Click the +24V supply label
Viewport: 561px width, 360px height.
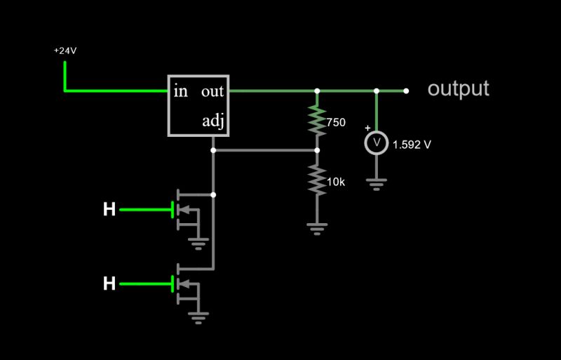(65, 51)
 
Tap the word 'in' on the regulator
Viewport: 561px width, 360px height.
(181, 91)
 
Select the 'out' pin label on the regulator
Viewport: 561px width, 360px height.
(212, 91)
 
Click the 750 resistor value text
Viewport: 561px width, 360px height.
(336, 122)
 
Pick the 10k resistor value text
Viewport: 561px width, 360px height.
(336, 182)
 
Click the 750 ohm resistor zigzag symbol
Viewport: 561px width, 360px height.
(317, 120)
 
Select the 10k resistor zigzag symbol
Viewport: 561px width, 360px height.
(317, 180)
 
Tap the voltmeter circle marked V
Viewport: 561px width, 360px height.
(377, 143)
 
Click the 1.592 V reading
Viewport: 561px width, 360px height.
(412, 145)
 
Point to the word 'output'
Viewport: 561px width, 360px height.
(458, 89)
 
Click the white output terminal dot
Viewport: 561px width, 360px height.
(406, 91)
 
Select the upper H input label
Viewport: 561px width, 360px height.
(109, 209)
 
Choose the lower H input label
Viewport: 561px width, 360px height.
(109, 284)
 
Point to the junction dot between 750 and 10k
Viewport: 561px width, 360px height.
(317, 150)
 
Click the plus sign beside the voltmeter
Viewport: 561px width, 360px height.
(367, 128)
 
